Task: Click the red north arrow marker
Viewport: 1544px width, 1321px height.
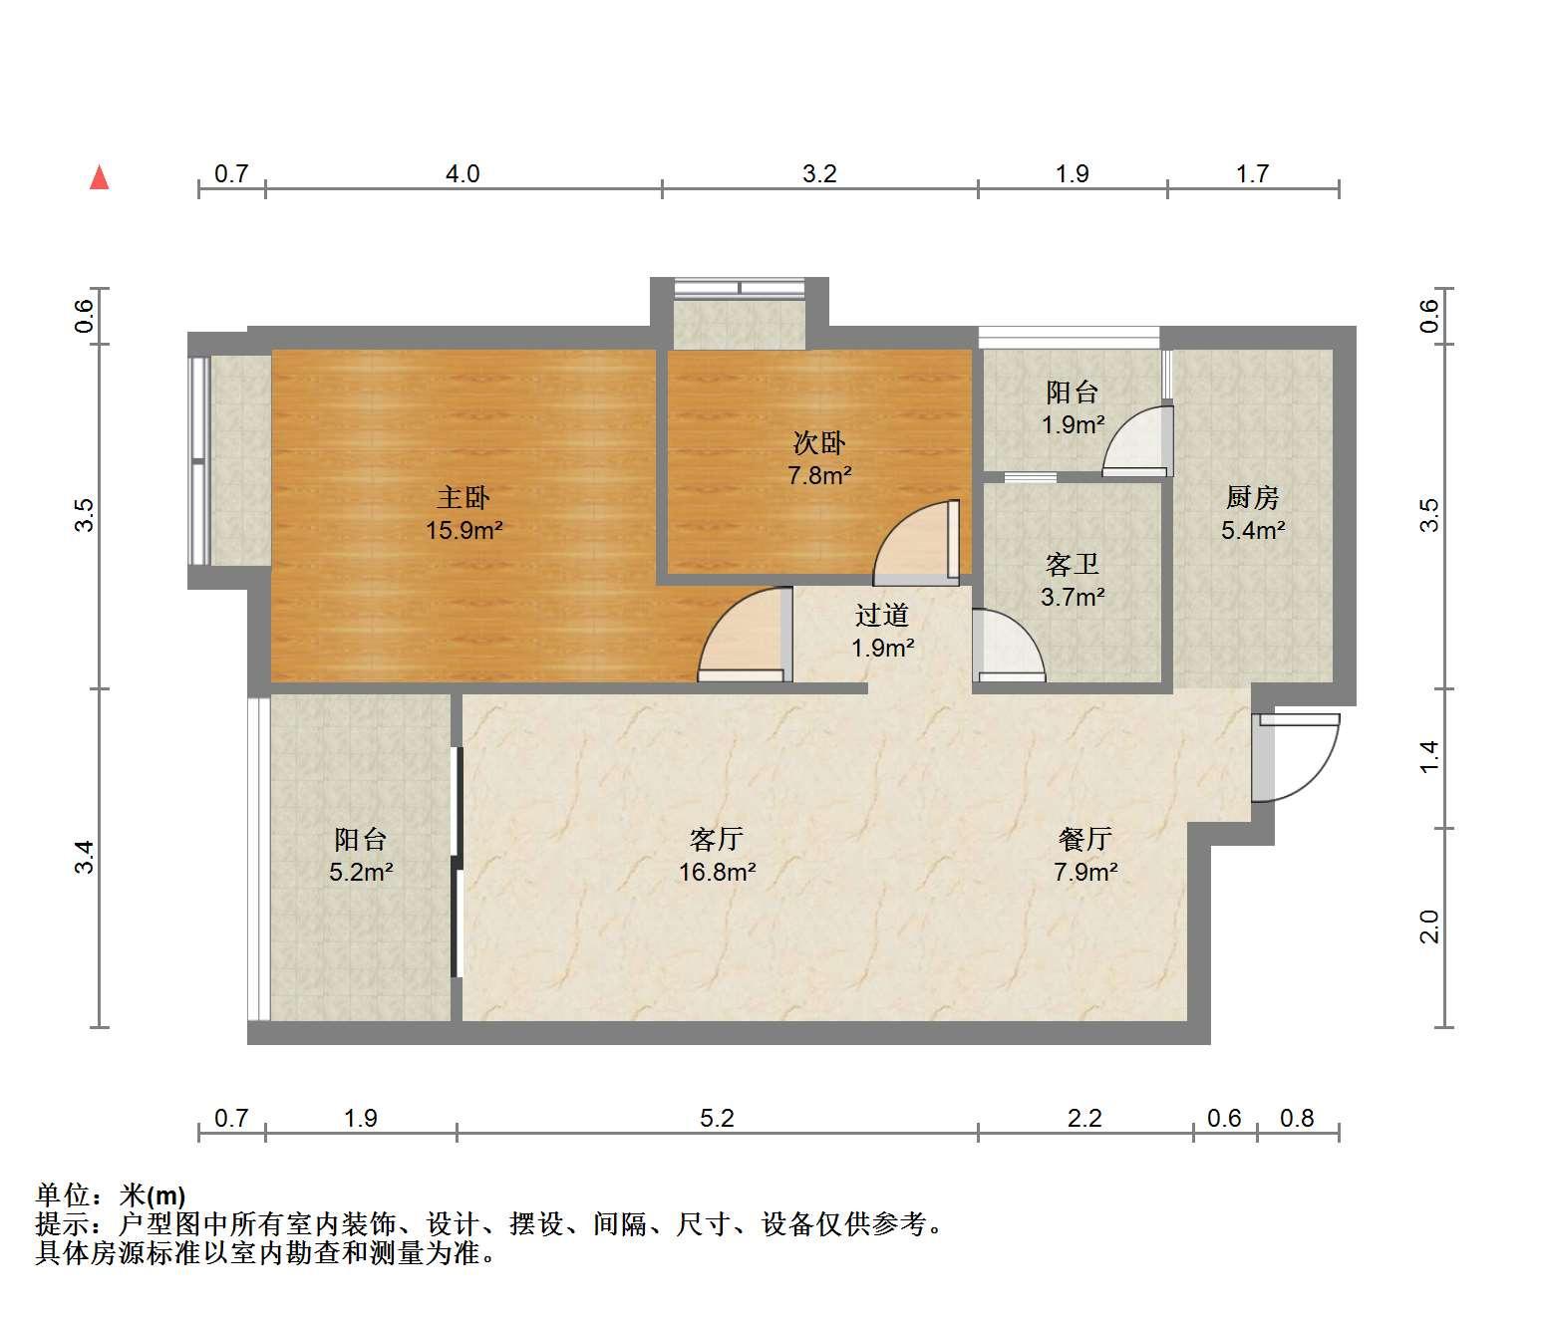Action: tap(100, 177)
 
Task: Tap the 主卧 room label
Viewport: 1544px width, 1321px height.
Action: tap(463, 497)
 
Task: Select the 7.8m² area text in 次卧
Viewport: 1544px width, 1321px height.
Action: tap(819, 475)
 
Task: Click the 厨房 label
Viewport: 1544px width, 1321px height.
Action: tap(1253, 497)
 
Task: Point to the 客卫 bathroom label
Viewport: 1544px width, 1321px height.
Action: tap(1072, 565)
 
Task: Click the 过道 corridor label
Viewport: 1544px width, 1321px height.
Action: tap(882, 616)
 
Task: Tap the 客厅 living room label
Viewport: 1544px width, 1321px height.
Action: tap(717, 840)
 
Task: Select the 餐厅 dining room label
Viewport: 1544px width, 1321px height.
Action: tap(1084, 840)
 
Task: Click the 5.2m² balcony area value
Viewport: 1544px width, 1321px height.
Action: tap(361, 872)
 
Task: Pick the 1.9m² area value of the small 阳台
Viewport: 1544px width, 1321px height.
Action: tap(1073, 424)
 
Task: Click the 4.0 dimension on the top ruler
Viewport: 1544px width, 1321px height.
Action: tap(463, 174)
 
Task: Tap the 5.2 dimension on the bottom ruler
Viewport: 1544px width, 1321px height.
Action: tap(717, 1118)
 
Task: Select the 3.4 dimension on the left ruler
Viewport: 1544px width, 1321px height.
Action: tap(85, 858)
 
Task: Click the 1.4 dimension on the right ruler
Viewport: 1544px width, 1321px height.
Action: tap(1428, 757)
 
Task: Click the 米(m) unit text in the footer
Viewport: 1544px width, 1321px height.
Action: tap(153, 1196)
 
